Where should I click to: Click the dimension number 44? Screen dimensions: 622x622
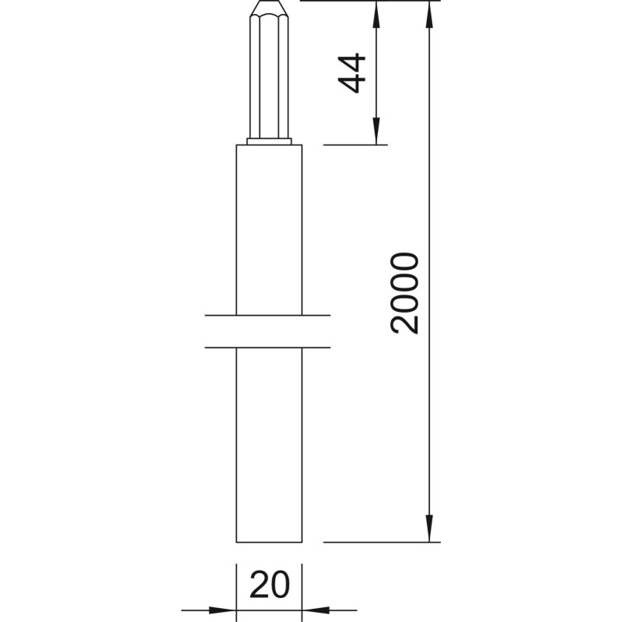tap(352, 73)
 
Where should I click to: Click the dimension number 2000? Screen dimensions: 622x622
tap(404, 293)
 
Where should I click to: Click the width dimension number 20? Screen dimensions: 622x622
tap(270, 585)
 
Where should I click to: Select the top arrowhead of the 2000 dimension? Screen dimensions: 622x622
tap(429, 14)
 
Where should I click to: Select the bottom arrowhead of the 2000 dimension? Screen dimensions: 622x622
tap(429, 528)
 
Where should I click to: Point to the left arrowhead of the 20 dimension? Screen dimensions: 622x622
tap(222, 610)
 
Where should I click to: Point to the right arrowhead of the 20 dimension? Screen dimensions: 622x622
tap(316, 610)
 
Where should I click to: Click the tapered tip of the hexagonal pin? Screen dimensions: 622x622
tap(269, 8)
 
